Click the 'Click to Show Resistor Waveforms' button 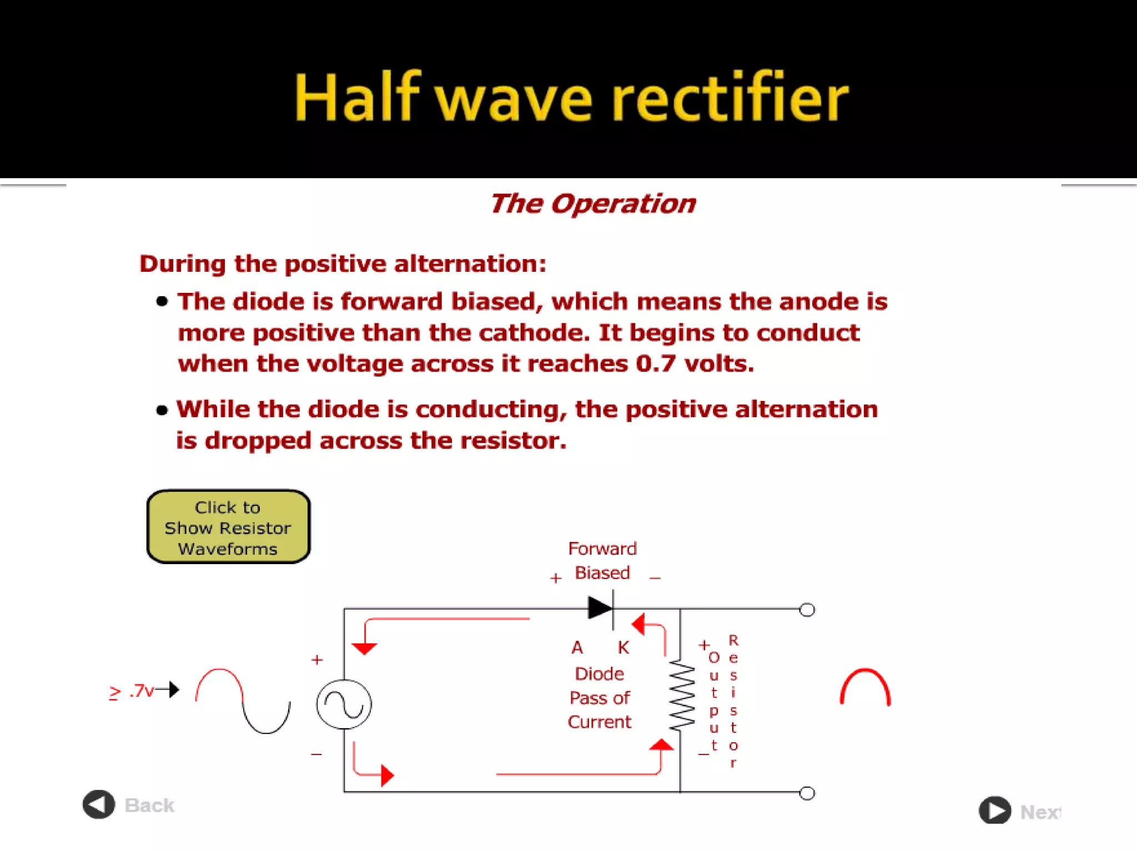point(228,527)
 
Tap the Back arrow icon point(99,804)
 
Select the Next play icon point(994,811)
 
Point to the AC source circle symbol point(344,704)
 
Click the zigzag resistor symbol point(681,696)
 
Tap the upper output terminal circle point(807,610)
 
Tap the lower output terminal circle point(807,793)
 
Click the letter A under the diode point(577,647)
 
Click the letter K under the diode point(623,647)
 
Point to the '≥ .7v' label point(132,691)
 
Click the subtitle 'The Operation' point(592,204)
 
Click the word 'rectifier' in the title point(730,98)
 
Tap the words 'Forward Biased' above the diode point(602,560)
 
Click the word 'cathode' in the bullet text point(534,333)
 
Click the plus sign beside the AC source point(317,660)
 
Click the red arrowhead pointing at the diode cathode point(638,625)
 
